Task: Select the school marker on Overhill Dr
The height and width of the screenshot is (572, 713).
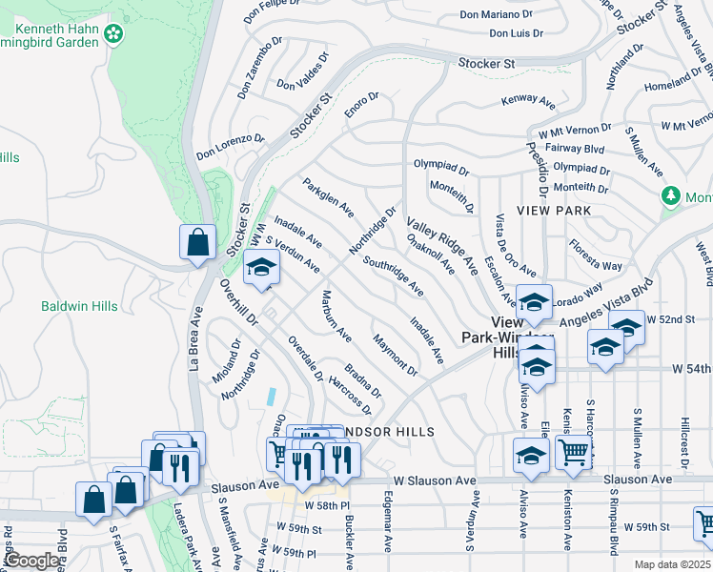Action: pos(258,269)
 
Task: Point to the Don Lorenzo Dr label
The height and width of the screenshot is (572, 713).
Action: pos(230,146)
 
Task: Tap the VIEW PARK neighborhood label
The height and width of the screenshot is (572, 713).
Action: pos(554,210)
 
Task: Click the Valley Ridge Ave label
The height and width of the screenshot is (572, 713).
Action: pos(441,247)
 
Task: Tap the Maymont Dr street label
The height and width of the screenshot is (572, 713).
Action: pos(396,354)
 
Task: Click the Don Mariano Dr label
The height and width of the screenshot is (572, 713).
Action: pos(496,14)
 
